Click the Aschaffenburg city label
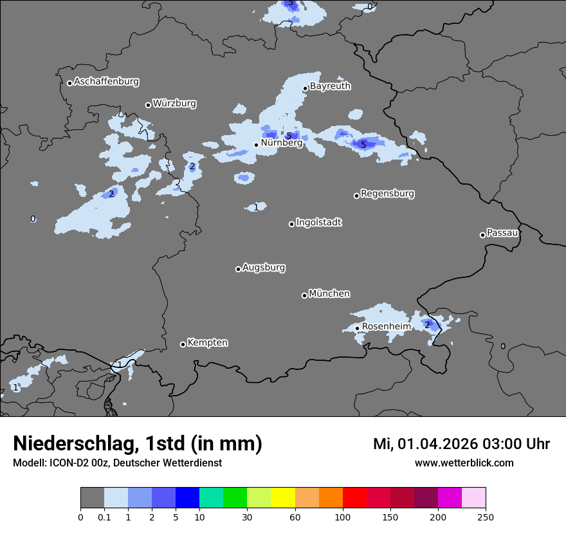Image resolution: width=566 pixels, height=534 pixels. [x=106, y=82]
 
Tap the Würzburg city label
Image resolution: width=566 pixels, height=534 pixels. [x=174, y=104]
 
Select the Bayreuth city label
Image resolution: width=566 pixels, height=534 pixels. [x=330, y=86]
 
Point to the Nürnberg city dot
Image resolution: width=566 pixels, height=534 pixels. [x=256, y=145]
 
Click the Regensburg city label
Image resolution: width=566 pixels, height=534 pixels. [x=387, y=194]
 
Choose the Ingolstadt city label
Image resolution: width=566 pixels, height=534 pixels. [x=319, y=223]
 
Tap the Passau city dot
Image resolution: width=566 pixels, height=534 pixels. [x=482, y=235]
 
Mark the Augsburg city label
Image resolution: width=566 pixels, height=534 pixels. [x=264, y=268]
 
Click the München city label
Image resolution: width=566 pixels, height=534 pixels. [x=329, y=294]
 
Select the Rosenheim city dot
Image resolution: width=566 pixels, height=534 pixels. [x=357, y=328]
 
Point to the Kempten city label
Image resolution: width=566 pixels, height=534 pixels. [x=207, y=343]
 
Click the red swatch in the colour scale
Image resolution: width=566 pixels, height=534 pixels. [x=354, y=498]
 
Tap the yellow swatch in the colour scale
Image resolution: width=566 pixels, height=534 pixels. [x=283, y=498]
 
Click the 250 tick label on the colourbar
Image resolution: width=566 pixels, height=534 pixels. [x=485, y=517]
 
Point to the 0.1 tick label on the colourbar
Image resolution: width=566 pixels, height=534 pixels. [x=104, y=517]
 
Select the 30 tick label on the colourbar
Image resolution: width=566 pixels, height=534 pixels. [x=247, y=517]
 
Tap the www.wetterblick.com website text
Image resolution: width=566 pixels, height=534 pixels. [x=464, y=463]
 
